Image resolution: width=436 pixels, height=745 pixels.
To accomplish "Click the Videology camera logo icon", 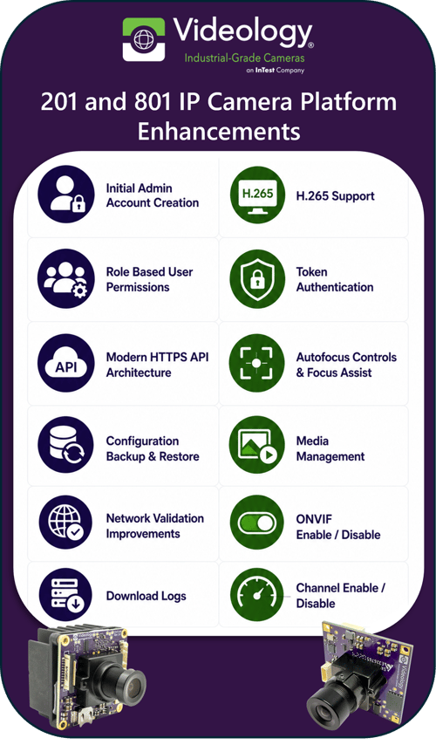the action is (144, 39).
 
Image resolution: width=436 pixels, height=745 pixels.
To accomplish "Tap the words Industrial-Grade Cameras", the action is (245, 58).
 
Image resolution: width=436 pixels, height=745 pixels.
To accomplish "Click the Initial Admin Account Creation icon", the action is (66, 195).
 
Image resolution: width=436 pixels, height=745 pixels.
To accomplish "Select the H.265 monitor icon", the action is (257, 195).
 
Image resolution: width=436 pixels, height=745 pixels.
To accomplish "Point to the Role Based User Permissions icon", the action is (66, 278).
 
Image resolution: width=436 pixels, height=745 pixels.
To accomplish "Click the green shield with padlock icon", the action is (257, 278).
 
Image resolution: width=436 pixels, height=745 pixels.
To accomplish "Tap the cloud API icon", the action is (66, 363).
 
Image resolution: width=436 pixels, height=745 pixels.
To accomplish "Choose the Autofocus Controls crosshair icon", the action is (257, 363).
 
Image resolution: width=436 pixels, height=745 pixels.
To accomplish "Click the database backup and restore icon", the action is (66, 445).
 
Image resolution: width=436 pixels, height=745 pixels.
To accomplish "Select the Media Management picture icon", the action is (257, 445).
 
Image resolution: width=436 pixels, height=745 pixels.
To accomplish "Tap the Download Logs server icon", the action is (66, 595).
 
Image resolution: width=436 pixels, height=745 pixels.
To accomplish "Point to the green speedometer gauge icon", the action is (257, 596).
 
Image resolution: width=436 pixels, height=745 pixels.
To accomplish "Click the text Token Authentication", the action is (335, 279).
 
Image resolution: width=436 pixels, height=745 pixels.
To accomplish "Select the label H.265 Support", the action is (336, 195).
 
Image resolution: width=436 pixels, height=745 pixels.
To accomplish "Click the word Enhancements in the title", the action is (219, 131).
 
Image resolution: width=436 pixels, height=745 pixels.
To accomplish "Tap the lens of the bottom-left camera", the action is (132, 685).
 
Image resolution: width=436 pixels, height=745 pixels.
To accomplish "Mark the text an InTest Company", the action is (275, 71).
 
